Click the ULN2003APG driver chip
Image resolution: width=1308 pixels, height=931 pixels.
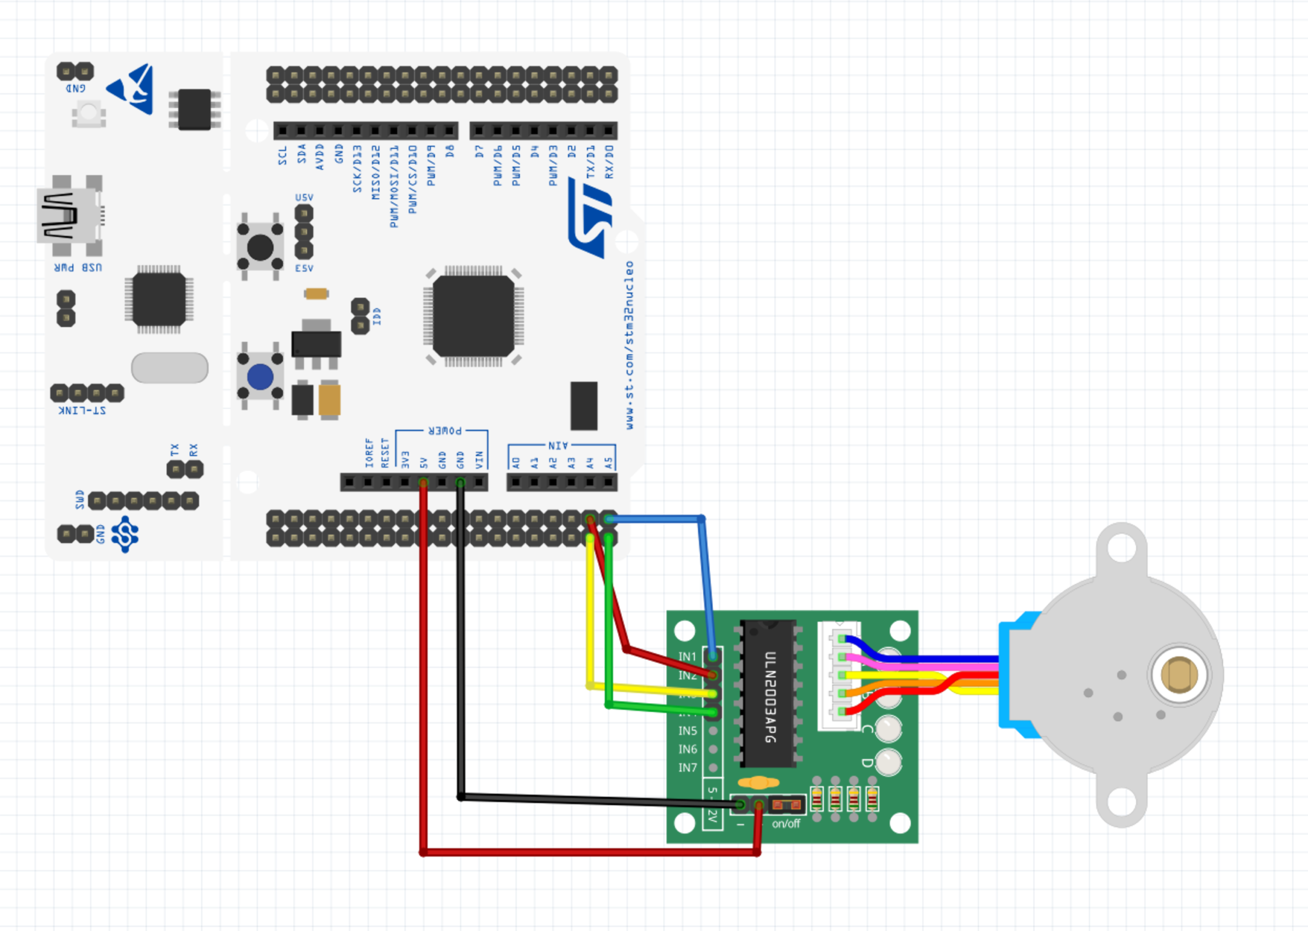pyautogui.click(x=768, y=693)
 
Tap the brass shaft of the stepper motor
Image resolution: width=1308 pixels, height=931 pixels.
pyautogui.click(x=1178, y=675)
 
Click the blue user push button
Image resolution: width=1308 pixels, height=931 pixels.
pyautogui.click(x=260, y=377)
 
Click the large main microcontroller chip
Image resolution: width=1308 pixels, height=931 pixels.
pyautogui.click(x=473, y=316)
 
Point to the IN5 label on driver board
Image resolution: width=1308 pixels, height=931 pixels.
pyautogui.click(x=687, y=730)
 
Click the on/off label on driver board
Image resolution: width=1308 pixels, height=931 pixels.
pyautogui.click(x=786, y=824)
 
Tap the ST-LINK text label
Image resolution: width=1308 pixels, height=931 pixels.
pyautogui.click(x=82, y=410)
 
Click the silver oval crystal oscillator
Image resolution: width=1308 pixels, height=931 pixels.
pyautogui.click(x=170, y=368)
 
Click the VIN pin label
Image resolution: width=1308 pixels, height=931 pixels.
pyautogui.click(x=479, y=459)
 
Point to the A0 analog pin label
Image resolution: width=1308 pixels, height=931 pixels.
pyautogui.click(x=516, y=461)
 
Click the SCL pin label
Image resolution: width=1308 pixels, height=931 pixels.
pyautogui.click(x=283, y=155)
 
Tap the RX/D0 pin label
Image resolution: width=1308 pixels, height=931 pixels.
pyautogui.click(x=609, y=162)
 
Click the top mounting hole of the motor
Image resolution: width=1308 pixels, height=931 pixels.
pyautogui.click(x=1122, y=548)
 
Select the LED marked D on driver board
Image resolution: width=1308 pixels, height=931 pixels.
pyautogui.click(x=888, y=762)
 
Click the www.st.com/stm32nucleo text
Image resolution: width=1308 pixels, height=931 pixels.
pyautogui.click(x=630, y=345)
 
